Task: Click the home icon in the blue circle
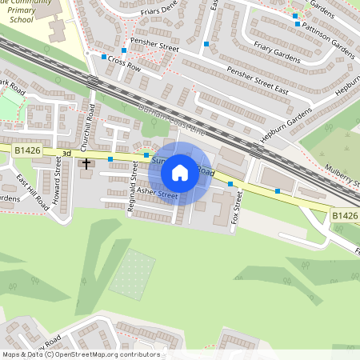pyautogui.click(x=180, y=173)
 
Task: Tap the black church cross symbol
pyautogui.click(x=86, y=164)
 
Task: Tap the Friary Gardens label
pyautogui.click(x=275, y=50)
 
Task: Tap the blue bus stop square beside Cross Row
pyautogui.click(x=104, y=57)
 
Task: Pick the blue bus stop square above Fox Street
pyautogui.click(x=230, y=184)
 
